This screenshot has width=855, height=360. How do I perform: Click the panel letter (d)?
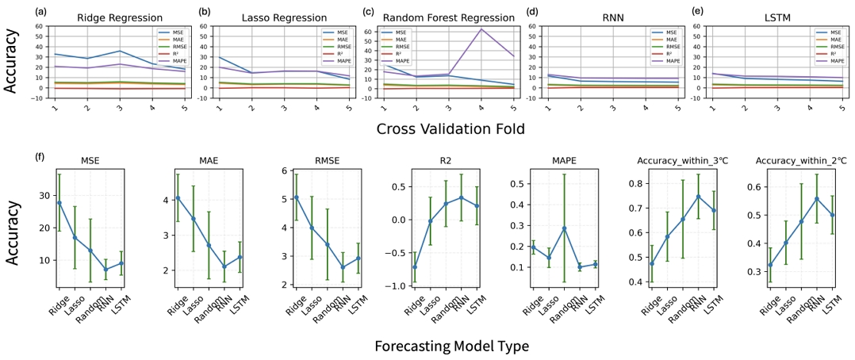tap(532, 11)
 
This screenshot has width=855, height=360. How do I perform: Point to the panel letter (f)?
tap(40, 155)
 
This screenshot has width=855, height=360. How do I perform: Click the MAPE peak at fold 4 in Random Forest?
tap(481, 29)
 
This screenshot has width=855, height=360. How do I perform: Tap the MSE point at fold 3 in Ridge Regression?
tap(120, 51)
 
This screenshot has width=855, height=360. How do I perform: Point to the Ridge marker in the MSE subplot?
tap(59, 203)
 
